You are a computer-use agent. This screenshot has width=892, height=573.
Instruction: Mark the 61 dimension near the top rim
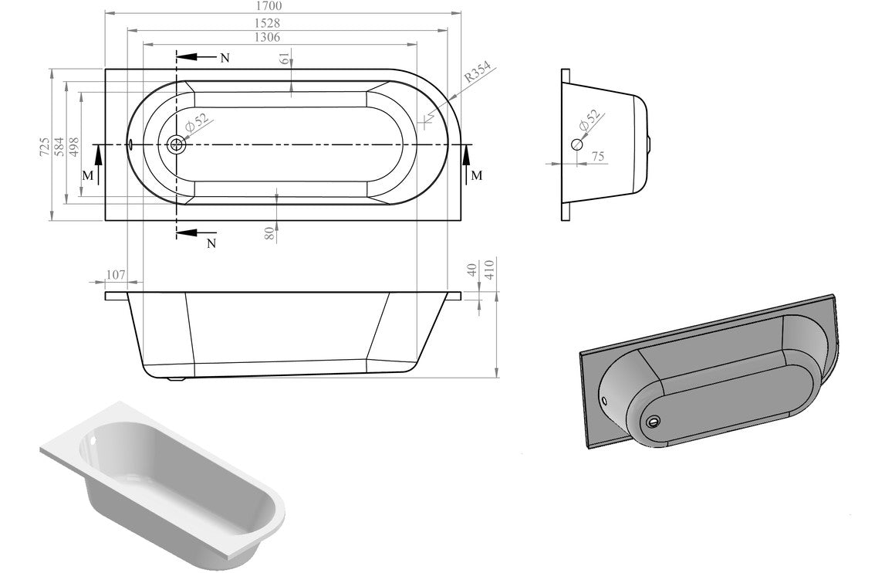(286, 59)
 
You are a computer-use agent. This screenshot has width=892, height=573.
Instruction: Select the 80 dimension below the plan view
(269, 233)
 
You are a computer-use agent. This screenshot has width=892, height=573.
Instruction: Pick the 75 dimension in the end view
(597, 157)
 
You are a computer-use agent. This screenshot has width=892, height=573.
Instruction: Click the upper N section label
(225, 59)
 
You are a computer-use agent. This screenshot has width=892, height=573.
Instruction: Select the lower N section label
(211, 244)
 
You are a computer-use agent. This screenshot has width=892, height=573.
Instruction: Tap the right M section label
(477, 175)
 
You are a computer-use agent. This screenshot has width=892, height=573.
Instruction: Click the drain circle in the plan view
(177, 144)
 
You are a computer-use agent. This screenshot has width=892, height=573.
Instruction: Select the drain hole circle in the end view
(577, 144)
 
